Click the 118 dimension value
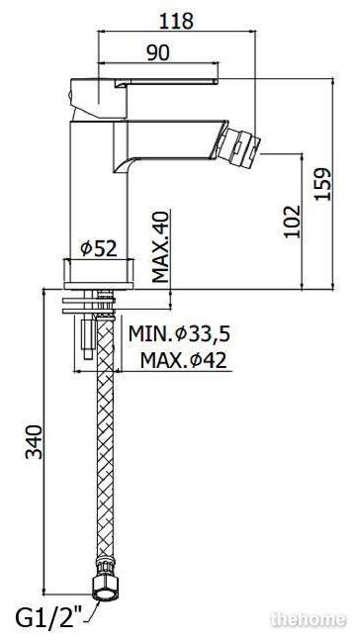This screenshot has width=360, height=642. coord(176,21)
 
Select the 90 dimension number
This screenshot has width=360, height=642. coord(158,53)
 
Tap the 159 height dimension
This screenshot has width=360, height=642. coord(323,183)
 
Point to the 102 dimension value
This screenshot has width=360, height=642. coord(293,222)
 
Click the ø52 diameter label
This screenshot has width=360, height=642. coord(99,248)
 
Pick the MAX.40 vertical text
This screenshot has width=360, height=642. coord(160,247)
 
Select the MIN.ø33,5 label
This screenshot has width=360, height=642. coord(179,334)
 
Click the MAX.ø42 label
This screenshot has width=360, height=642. coord(183,360)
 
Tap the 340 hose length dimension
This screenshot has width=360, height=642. coord(34,442)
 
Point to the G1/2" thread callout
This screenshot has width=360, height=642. coord(49,618)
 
